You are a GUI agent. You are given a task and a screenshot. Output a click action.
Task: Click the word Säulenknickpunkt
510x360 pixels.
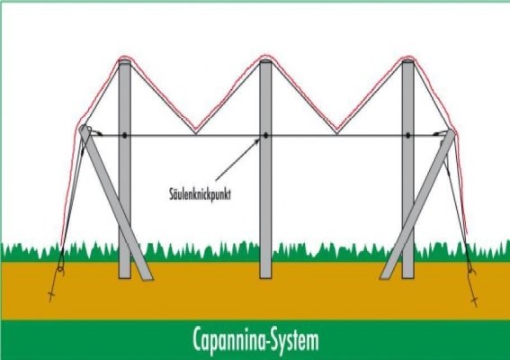coord(200,193)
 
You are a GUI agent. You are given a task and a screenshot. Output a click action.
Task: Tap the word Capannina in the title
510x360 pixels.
coord(228,340)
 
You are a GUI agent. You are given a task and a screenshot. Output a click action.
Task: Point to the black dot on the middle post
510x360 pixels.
coord(265,135)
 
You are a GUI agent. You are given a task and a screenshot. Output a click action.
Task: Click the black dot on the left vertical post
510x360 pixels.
coord(124,135)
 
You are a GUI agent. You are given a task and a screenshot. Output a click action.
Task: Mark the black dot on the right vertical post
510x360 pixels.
coord(407,135)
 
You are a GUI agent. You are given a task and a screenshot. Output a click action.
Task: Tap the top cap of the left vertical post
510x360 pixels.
coord(124,61)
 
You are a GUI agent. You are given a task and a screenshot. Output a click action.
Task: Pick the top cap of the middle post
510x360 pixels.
coord(265,60)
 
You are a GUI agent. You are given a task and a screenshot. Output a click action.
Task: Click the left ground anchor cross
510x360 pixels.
coord(51,295)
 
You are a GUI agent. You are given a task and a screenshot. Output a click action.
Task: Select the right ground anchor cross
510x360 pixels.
coord(475,301)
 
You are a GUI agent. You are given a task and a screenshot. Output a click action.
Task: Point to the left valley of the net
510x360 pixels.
coord(195,132)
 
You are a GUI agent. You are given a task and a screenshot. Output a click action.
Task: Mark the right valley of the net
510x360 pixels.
coord(336,132)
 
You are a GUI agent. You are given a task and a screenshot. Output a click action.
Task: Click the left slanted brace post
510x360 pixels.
coord(115,202)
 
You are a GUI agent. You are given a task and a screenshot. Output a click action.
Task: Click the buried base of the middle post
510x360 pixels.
coord(265,269)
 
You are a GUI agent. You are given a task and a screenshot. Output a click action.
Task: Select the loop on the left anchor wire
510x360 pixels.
coord(60,269)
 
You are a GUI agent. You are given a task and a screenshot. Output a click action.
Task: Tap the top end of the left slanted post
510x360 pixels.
coord(84,128)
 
